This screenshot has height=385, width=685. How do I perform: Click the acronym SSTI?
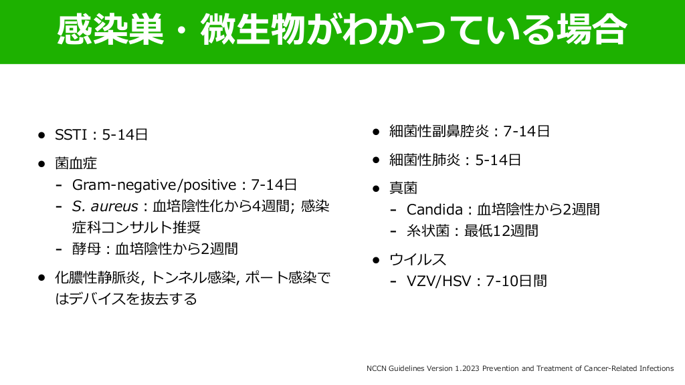point(71,134)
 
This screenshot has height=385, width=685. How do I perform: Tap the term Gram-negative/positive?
point(155,185)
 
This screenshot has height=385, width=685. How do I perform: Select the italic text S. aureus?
point(105,206)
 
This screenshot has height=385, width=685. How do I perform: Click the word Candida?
point(435,209)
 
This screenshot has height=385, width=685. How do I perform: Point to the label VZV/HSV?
point(439,281)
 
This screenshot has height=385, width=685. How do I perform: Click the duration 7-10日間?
point(516,281)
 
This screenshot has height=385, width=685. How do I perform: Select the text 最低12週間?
point(501,231)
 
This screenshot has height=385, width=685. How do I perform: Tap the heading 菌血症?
point(76,163)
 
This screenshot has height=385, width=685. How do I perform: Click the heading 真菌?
point(403,188)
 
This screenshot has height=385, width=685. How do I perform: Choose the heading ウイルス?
point(417,260)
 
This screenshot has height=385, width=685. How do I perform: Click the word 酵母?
point(86,249)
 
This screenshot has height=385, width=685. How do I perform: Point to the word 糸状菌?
point(427,231)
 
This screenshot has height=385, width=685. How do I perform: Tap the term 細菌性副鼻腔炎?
point(439,132)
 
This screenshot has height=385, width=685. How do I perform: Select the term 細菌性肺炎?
point(425,160)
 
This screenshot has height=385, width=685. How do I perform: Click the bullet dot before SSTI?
point(41,135)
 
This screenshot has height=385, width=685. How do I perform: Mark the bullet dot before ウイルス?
point(376,260)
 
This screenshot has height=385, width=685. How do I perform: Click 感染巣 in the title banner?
point(110,30)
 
